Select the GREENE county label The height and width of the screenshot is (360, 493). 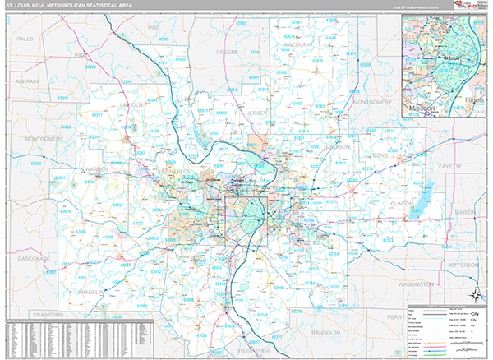pos(226,52)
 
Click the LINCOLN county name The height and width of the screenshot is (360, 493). pos(131,105)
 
